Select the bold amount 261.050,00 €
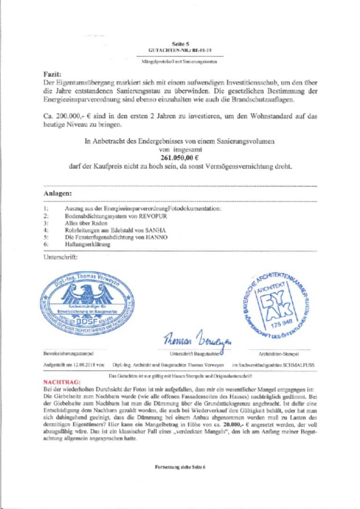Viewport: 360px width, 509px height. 180,158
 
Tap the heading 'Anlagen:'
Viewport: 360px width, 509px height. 58,193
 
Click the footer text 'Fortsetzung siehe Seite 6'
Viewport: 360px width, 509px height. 180,468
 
